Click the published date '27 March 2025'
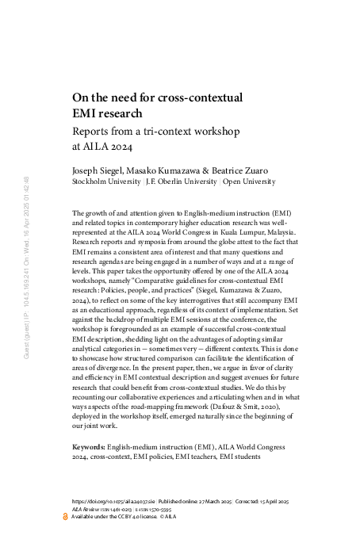click(209, 502)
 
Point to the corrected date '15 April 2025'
click(277, 502)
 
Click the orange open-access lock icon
click(66, 516)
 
